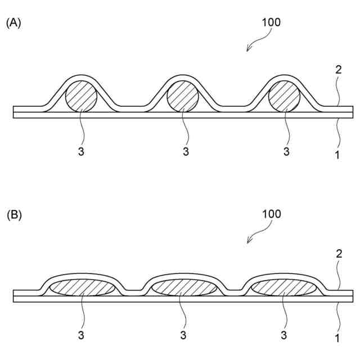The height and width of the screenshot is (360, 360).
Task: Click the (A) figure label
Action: click(x=13, y=23)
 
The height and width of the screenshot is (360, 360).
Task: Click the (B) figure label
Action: click(x=13, y=215)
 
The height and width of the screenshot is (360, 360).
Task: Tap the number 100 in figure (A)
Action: click(x=271, y=22)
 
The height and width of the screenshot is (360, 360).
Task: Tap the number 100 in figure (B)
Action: click(x=271, y=214)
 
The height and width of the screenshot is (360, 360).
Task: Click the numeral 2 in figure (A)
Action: click(x=338, y=70)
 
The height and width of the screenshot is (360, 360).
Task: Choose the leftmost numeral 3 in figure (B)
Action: click(x=82, y=336)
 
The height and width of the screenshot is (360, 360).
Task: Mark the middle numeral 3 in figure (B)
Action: click(x=183, y=336)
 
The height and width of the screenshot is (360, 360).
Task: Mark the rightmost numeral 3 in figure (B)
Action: click(x=285, y=336)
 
